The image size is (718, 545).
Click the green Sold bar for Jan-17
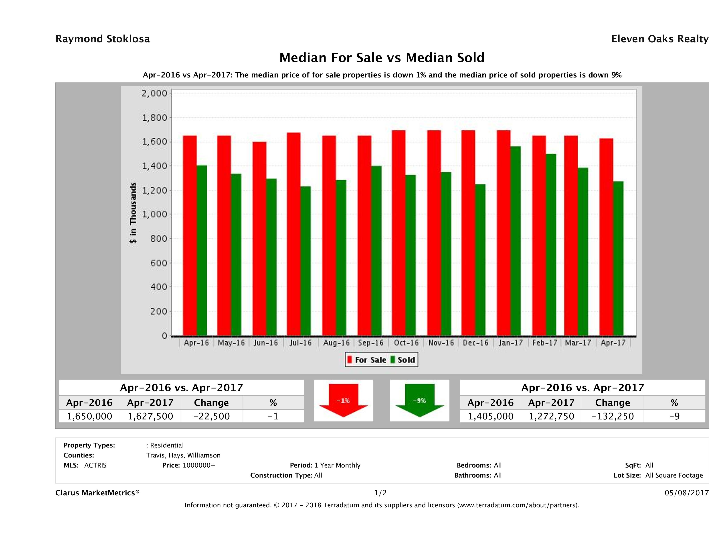click(516, 241)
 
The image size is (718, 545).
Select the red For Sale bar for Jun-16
click(259, 238)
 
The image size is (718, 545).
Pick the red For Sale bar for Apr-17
click(606, 237)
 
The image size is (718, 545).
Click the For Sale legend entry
click(367, 360)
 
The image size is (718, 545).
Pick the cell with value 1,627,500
click(150, 416)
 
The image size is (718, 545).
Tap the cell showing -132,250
click(613, 416)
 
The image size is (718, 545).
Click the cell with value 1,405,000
click(490, 416)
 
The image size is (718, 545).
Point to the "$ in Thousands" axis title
click(133, 213)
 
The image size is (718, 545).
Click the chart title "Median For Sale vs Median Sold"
click(382, 58)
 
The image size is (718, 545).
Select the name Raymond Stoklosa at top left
click(103, 39)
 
